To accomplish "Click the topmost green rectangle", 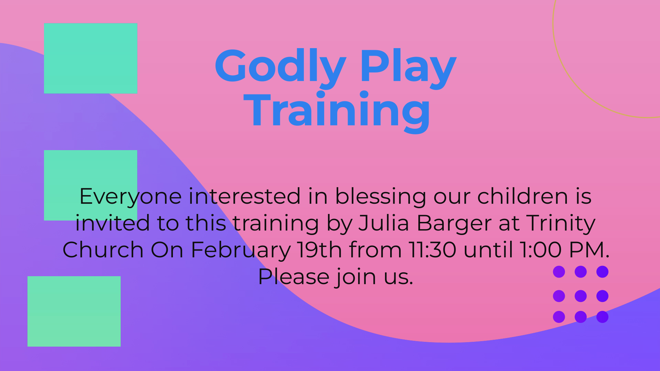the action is (90, 58).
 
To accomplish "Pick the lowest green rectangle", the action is (74, 311).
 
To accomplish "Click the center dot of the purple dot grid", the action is (581, 296).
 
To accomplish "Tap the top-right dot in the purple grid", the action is (602, 272).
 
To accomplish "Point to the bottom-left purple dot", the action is (559, 317).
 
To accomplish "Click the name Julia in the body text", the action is (384, 223).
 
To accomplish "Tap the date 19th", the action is (319, 250).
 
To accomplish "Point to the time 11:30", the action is (432, 250).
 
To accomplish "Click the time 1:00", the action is (540, 250).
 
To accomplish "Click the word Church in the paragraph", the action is (103, 250).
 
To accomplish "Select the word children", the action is (522, 196).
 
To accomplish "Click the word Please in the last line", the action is (294, 277).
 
